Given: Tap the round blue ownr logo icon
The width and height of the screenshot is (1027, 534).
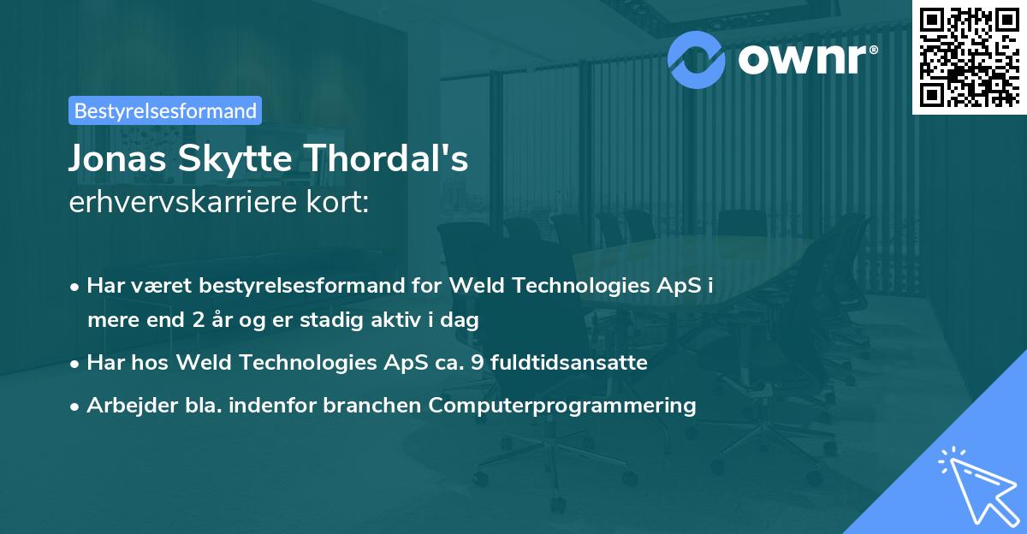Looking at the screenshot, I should pos(696,60).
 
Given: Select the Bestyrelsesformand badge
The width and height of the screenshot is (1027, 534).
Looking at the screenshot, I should pos(165,110).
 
